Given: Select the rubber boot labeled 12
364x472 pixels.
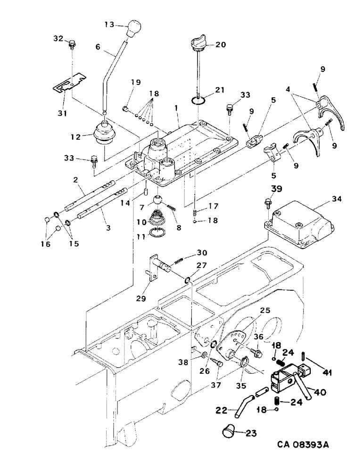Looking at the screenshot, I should click(x=108, y=134).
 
